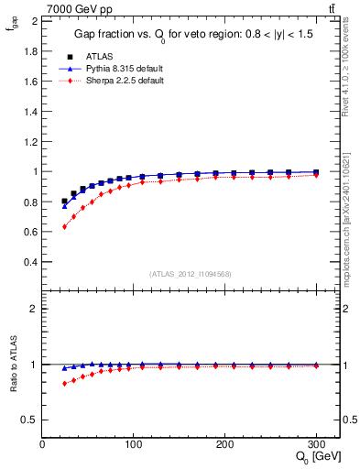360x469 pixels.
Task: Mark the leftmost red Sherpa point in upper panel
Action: pyautogui.click(x=64, y=226)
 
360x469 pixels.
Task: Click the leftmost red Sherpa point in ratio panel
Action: pyautogui.click(x=64, y=383)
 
